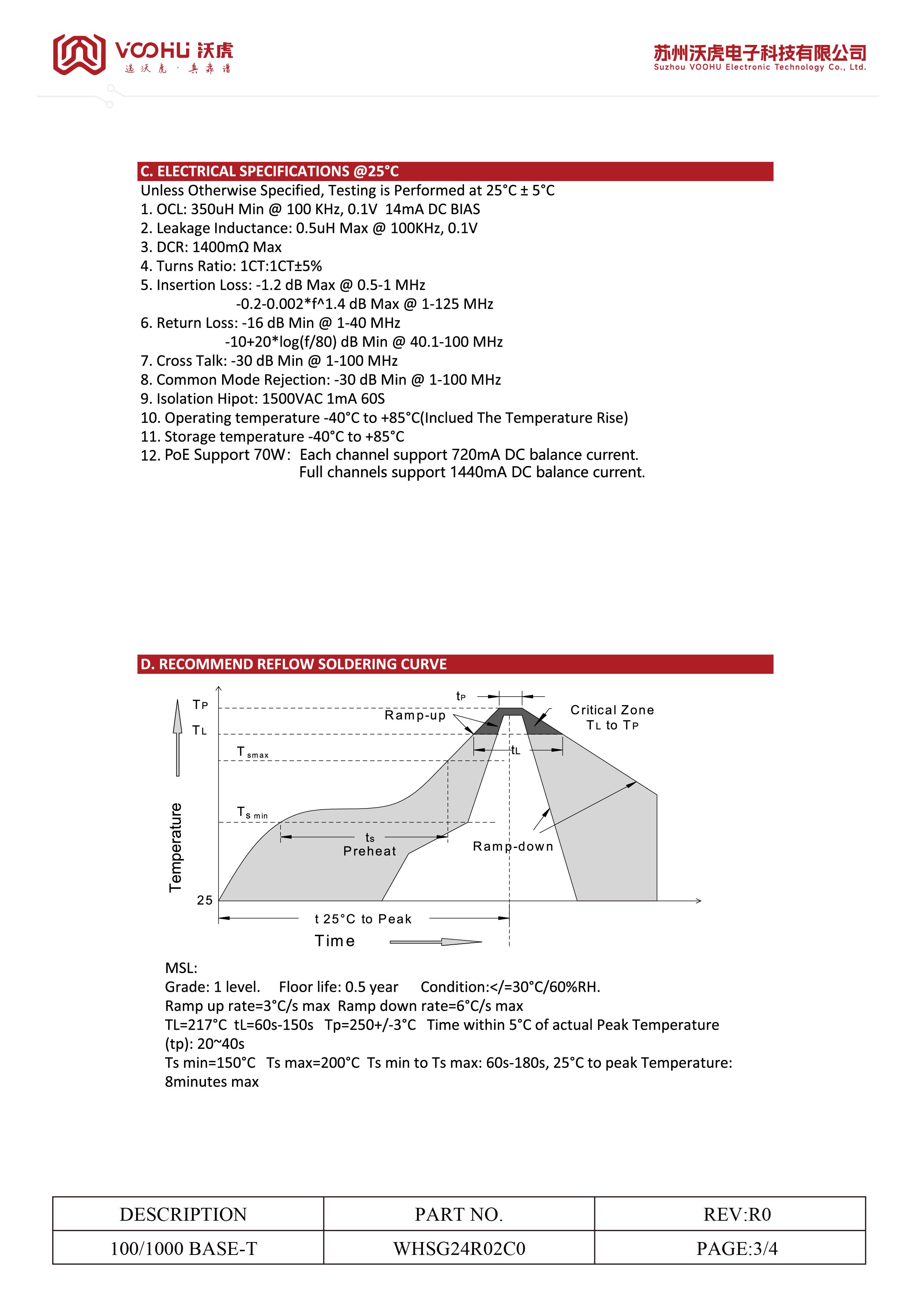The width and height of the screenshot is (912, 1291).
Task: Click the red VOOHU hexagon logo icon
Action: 79,54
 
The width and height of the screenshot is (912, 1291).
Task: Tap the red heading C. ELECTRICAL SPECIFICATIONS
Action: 269,171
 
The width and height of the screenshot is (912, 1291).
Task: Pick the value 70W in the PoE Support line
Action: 270,454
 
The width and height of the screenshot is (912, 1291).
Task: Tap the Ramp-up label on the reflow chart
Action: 415,715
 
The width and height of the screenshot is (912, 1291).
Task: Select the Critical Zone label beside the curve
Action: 612,710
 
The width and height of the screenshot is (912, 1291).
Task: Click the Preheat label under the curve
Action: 370,851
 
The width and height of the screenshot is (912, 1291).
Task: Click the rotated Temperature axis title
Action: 176,848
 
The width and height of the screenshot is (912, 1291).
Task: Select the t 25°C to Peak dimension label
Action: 363,919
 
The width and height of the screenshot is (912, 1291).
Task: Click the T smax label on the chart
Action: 252,752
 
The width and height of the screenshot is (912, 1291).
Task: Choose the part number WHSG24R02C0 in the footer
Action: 459,1249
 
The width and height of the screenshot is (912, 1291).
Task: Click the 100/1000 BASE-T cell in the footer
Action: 184,1249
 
